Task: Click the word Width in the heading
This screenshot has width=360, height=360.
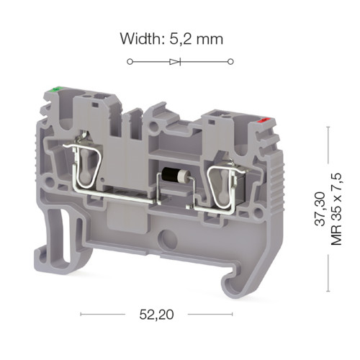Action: (x=139, y=38)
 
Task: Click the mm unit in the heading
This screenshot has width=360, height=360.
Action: (x=210, y=40)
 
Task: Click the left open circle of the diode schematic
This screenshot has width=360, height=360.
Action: (x=130, y=62)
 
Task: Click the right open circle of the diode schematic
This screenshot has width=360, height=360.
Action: (x=230, y=62)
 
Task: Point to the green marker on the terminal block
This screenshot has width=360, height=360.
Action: (x=56, y=90)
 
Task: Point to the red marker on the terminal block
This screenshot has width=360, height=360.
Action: (x=263, y=120)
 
